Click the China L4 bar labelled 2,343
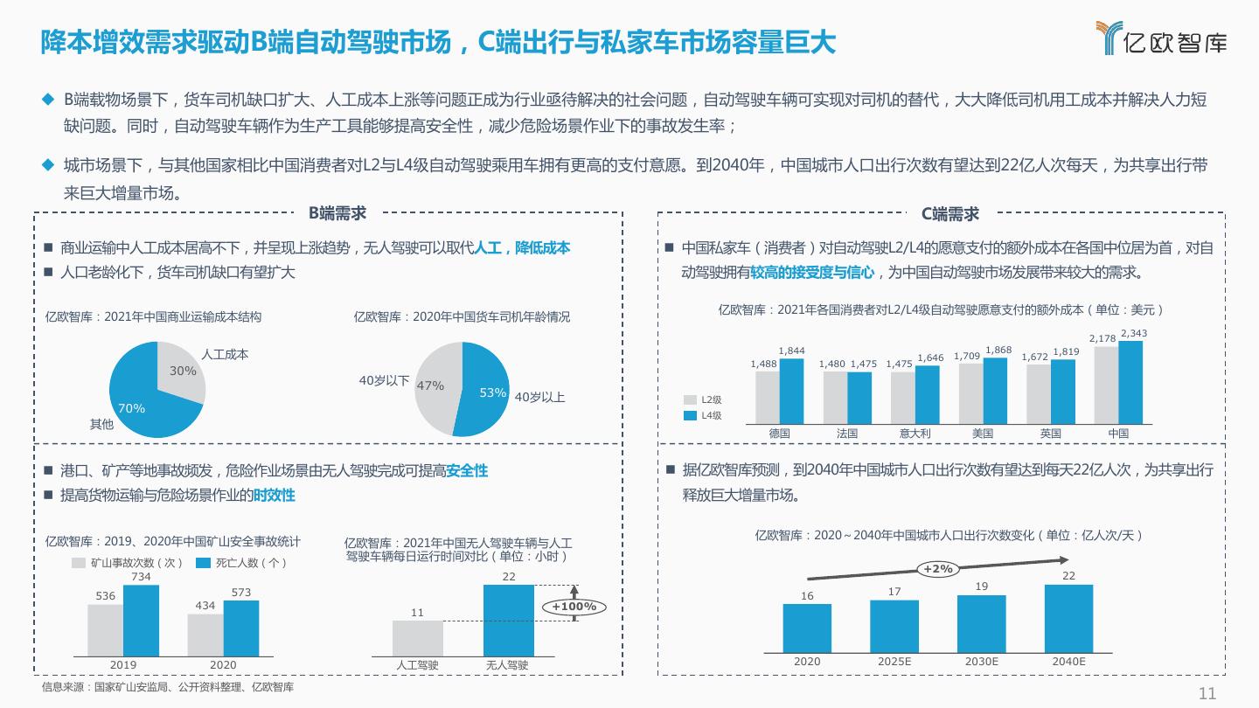pos(1130,382)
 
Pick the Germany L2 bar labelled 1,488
pos(767,397)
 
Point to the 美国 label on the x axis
pos(982,434)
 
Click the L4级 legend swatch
pos(690,416)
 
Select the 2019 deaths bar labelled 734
pos(141,619)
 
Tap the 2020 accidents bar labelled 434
pos(205,634)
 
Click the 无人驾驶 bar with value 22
pos(509,619)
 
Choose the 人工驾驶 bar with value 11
pos(417,636)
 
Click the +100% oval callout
pos(574,607)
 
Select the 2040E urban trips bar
pos(1068,618)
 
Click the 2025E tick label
pos(894,662)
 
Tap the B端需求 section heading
pos(337,213)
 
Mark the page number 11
pos(1207,694)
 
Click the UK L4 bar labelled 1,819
pos(1063,391)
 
